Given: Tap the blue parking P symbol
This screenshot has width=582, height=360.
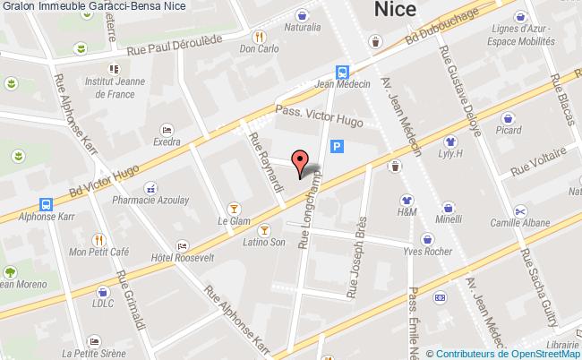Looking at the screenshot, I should tap(337, 148).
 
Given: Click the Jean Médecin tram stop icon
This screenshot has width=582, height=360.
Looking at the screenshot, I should tap(343, 73).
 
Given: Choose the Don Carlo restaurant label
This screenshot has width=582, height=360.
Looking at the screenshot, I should tap(259, 51).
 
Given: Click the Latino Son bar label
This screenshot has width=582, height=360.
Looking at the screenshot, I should tap(265, 242).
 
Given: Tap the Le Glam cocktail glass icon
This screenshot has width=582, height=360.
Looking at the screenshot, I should tap(234, 206).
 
